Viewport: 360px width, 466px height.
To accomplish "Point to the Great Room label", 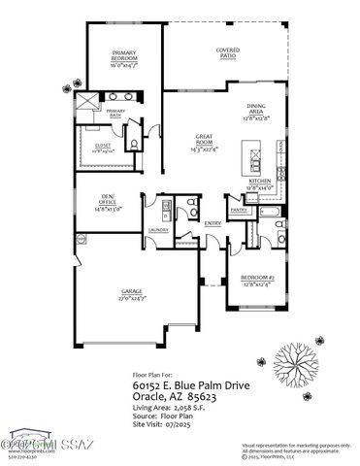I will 204,144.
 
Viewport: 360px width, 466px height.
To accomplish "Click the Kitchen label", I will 260,183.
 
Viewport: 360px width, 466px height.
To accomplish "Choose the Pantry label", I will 239,208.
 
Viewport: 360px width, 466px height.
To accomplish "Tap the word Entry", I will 213,222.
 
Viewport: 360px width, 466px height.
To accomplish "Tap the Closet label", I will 103,147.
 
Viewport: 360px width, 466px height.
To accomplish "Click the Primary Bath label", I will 116,113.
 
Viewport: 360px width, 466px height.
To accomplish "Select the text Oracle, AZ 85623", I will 175,396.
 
